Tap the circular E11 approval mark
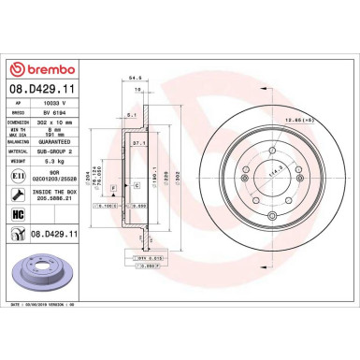point(17,175)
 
